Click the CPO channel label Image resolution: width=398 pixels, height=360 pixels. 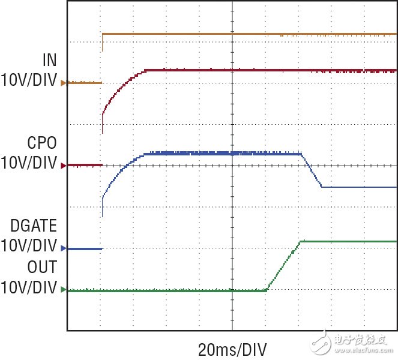42,143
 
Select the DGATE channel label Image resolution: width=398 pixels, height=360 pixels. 34,226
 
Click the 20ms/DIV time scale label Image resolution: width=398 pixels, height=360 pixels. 232,349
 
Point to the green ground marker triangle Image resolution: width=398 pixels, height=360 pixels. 63,290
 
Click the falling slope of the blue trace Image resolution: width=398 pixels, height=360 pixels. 312,171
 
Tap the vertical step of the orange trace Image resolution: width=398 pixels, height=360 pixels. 102,42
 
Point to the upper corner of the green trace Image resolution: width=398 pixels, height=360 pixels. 301,241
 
